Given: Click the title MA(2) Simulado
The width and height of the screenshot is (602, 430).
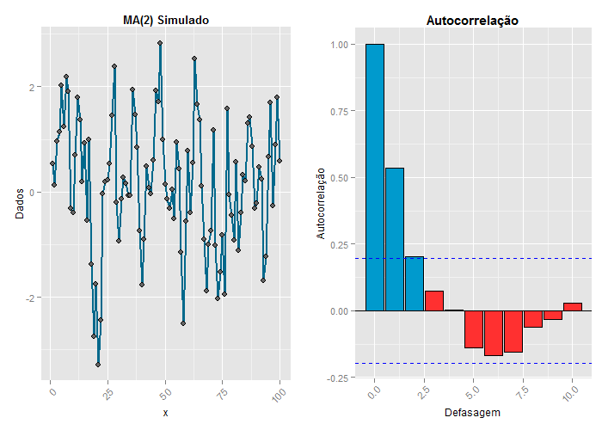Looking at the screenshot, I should tap(166, 20).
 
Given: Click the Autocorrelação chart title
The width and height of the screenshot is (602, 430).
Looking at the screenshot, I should tap(472, 20).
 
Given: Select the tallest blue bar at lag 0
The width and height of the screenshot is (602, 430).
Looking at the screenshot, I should tap(374, 176).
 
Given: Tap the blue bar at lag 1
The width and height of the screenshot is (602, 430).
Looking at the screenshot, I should tap(395, 239).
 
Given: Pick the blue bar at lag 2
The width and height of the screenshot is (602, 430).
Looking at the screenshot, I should tap(415, 283).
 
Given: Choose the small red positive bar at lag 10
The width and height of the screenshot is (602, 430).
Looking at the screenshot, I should tap(573, 306).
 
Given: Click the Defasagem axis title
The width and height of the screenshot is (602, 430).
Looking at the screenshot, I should tap(472, 413).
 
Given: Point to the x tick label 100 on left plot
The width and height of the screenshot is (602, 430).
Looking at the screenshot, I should tap(277, 394).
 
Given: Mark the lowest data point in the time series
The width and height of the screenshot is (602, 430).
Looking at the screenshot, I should tap(98, 365).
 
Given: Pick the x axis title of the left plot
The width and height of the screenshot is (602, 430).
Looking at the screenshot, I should tap(165, 413).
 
